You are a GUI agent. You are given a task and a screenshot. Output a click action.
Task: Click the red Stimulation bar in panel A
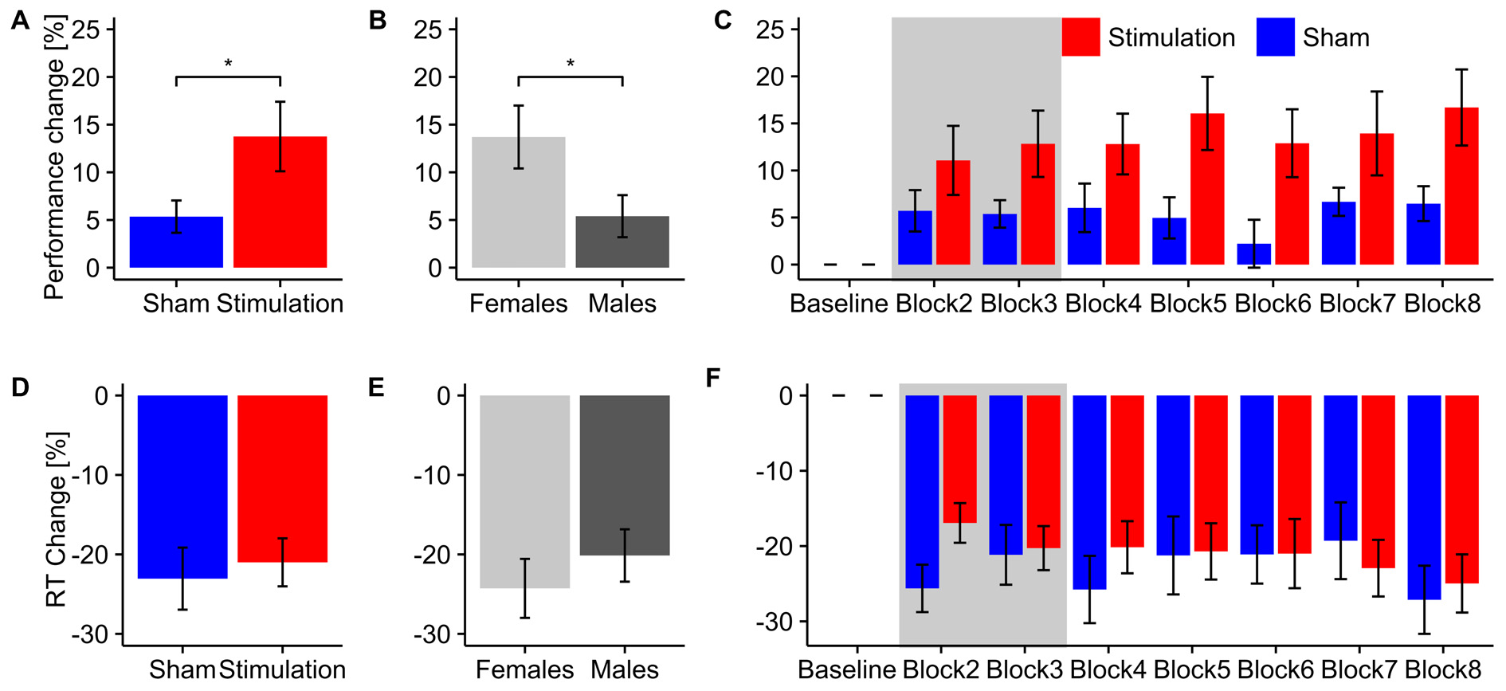click(x=280, y=202)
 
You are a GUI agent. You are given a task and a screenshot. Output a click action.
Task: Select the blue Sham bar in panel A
click(x=176, y=242)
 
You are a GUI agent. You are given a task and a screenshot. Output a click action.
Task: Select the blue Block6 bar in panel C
click(x=1253, y=254)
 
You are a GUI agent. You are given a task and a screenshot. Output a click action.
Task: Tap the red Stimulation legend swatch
click(x=1080, y=37)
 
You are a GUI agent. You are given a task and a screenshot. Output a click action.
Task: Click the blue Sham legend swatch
click(x=1275, y=37)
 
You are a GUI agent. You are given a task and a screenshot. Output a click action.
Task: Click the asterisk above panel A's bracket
click(x=228, y=63)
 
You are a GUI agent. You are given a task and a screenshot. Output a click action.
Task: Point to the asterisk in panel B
click(x=571, y=63)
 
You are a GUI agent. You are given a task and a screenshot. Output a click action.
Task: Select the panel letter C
click(x=723, y=20)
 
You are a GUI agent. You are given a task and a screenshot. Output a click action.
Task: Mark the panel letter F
click(x=713, y=377)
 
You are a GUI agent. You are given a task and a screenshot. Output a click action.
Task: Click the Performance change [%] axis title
click(x=54, y=159)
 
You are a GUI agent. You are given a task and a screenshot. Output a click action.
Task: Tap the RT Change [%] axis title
click(x=56, y=520)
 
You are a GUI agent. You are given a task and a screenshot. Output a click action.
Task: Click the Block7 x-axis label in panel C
click(x=1357, y=304)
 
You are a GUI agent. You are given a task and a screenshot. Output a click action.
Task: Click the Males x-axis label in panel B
click(x=622, y=304)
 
